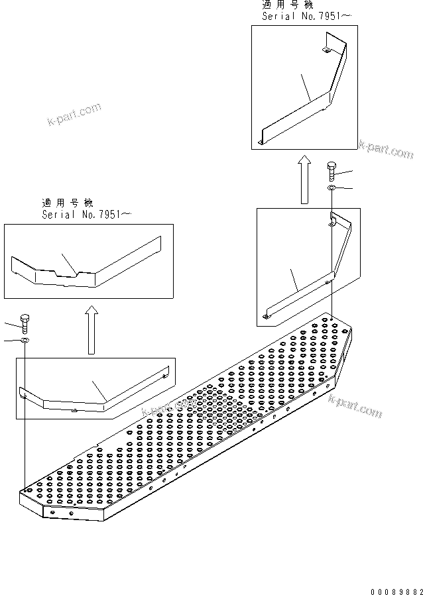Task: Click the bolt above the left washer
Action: pyautogui.click(x=25, y=323)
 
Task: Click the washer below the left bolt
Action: pyautogui.click(x=25, y=341)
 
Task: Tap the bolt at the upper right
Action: pyautogui.click(x=331, y=171)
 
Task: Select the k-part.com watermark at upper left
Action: pyautogui.click(x=74, y=113)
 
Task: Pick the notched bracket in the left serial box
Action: pyautogui.click(x=86, y=265)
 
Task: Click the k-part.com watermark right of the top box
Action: pyautogui.click(x=387, y=148)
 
